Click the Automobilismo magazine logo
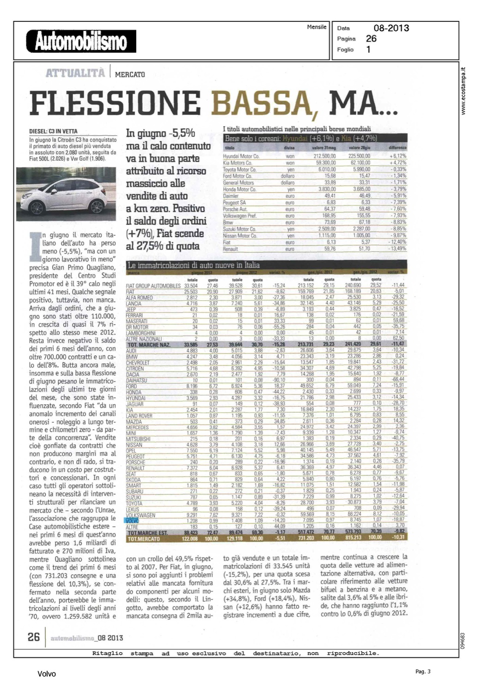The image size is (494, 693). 81,42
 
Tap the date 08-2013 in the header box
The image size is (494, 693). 391,28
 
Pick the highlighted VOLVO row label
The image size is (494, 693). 132,521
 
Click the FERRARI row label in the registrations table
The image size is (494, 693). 135,315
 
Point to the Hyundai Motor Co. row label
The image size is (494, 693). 241,157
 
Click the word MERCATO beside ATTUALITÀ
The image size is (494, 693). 130,74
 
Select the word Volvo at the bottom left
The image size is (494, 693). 47,674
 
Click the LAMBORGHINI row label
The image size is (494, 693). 140,333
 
